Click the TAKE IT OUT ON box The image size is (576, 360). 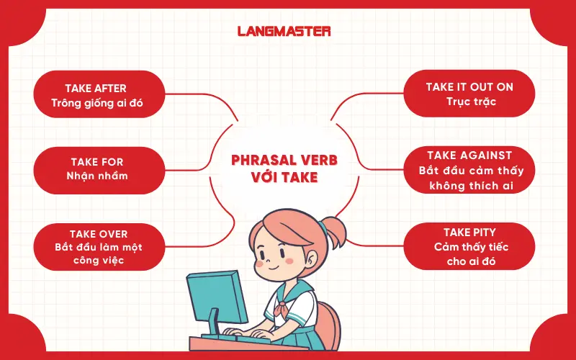click(469, 94)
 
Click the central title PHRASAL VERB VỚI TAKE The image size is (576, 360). click(284, 168)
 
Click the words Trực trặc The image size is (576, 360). click(469, 102)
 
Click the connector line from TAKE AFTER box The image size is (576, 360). click(216, 108)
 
